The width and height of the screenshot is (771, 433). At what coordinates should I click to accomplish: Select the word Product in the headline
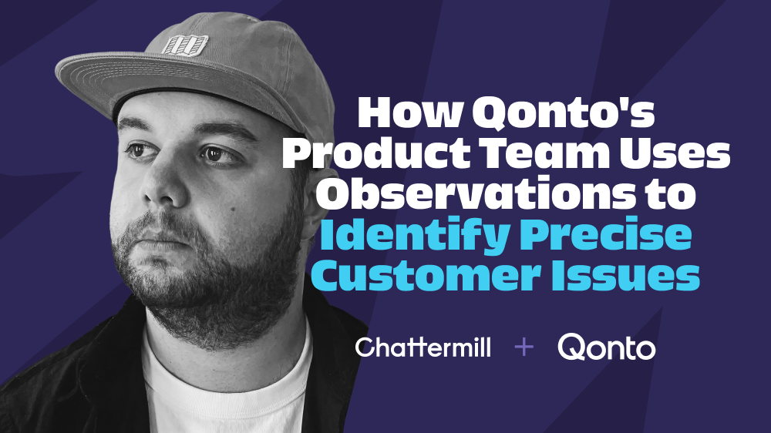(376, 153)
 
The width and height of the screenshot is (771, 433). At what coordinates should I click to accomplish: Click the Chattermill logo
(423, 347)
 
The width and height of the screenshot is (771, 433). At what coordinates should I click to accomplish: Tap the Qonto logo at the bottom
(606, 347)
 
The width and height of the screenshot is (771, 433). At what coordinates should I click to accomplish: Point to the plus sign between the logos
(524, 347)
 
